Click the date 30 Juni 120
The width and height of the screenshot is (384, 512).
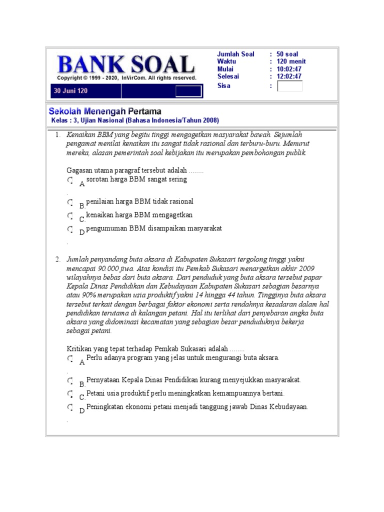(x=70, y=91)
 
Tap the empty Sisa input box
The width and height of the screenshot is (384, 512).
(x=289, y=86)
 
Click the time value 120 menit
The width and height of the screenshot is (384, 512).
(x=291, y=61)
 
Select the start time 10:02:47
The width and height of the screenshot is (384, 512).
(x=289, y=69)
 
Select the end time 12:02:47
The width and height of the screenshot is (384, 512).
(x=289, y=76)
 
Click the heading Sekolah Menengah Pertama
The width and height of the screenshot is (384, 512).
(x=104, y=111)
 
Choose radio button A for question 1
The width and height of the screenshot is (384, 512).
(x=70, y=179)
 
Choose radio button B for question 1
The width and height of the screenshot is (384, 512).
(x=70, y=202)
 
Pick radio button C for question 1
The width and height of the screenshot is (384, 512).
(x=70, y=215)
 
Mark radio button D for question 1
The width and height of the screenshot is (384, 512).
(x=70, y=229)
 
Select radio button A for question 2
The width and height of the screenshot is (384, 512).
(x=70, y=358)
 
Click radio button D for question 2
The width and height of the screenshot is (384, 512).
(x=70, y=407)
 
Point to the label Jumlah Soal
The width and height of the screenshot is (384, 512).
(x=235, y=54)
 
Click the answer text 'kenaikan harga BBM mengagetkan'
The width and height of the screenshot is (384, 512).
(x=139, y=215)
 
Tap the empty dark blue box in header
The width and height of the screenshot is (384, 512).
(x=188, y=91)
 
